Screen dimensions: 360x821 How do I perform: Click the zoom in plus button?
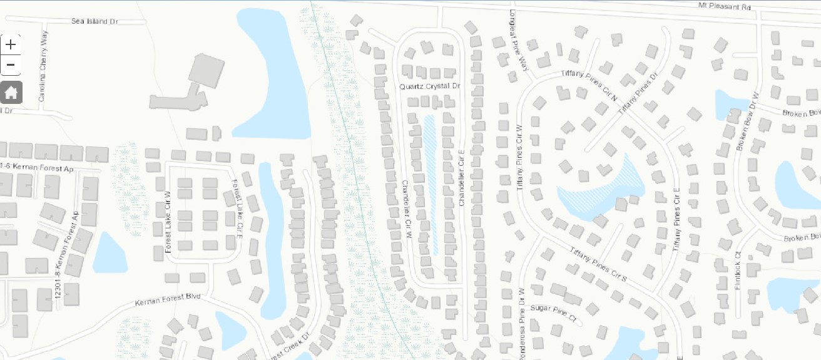click(x=11, y=44)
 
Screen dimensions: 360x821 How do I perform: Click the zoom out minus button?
click(x=11, y=65)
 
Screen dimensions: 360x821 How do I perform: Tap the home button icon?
click(x=11, y=93)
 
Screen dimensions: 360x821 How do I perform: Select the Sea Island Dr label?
click(x=94, y=21)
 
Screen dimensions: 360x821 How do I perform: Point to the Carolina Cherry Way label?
click(x=43, y=66)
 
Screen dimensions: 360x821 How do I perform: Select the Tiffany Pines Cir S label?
click(x=598, y=264)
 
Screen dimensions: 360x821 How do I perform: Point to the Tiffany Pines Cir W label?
click(x=519, y=157)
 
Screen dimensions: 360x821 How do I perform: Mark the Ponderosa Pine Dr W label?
click(x=520, y=322)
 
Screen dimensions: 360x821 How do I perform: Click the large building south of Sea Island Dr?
click(x=206, y=71)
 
